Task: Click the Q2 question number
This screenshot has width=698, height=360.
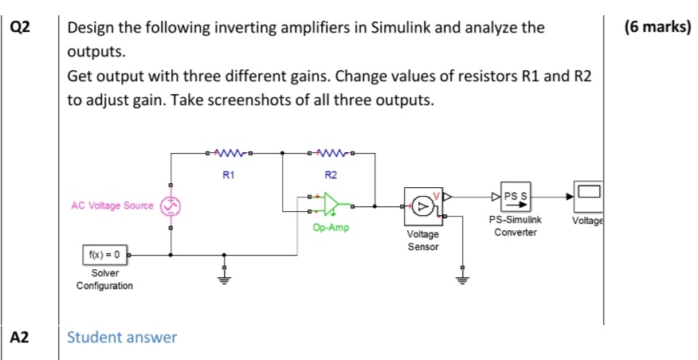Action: click(19, 28)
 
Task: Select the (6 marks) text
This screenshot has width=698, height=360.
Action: click(658, 28)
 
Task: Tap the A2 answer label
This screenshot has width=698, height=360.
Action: click(19, 337)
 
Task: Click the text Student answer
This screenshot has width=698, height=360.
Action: click(122, 337)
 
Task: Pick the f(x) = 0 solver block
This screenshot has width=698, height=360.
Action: click(104, 255)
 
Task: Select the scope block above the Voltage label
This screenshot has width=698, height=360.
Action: click(589, 193)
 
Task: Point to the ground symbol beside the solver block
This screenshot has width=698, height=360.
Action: click(224, 278)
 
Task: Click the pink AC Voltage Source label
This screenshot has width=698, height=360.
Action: click(113, 205)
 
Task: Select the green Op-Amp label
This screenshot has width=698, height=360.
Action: click(329, 227)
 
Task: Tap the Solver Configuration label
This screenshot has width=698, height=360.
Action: click(104, 279)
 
